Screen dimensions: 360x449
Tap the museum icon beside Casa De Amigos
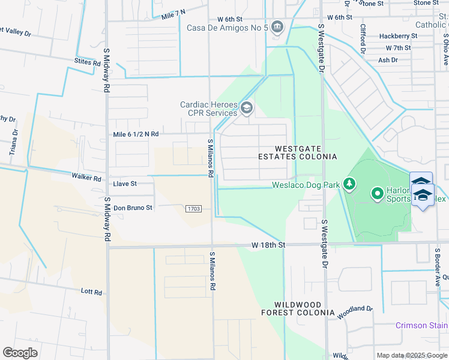click(277, 26)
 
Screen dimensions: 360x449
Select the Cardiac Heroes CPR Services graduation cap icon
click(246, 109)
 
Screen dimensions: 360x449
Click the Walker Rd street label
click(86, 178)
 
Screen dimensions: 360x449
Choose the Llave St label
click(125, 184)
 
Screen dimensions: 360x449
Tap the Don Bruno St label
click(133, 208)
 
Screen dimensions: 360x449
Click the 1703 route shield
click(193, 208)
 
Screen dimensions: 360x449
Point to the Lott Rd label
click(91, 292)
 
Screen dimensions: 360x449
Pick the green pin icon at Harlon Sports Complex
click(377, 193)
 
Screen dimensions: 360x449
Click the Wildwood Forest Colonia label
click(298, 309)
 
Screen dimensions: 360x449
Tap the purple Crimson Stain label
click(421, 326)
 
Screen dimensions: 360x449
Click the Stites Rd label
click(87, 62)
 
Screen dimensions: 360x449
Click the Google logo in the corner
click(20, 352)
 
